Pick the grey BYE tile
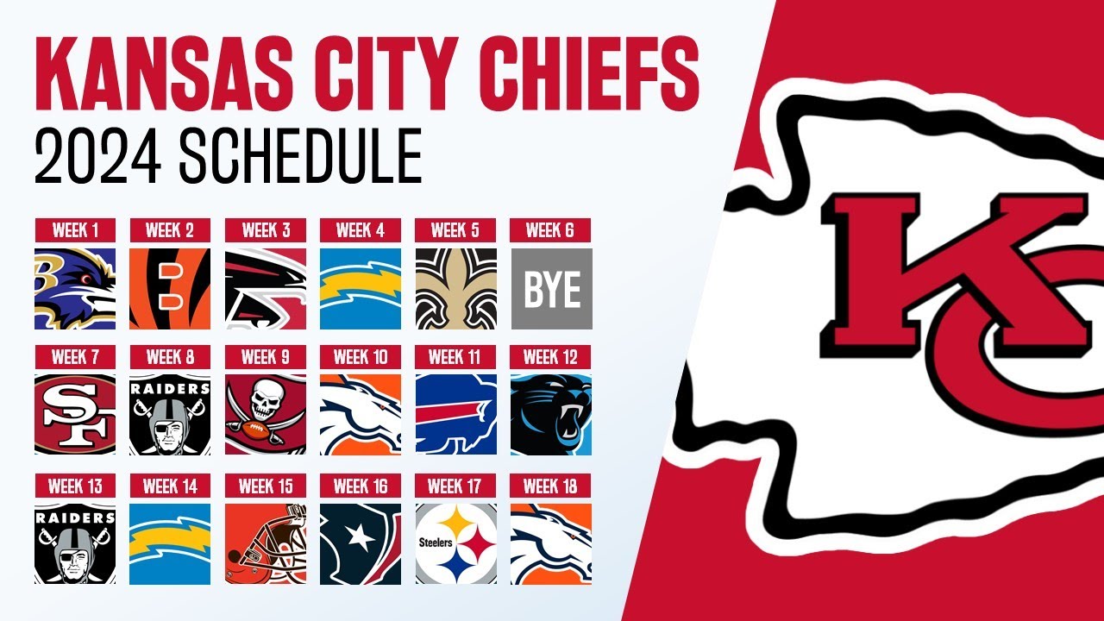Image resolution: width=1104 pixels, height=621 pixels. click(551, 289)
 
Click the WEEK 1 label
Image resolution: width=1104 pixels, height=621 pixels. click(75, 230)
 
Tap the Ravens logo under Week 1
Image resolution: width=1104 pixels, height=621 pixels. click(75, 289)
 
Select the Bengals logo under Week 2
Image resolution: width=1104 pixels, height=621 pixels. click(170, 289)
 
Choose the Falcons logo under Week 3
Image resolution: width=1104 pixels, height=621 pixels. click(266, 289)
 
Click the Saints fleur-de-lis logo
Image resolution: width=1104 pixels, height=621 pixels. click(455, 289)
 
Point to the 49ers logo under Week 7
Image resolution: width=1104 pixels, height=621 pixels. click(75, 415)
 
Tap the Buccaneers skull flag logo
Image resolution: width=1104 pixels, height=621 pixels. click(266, 415)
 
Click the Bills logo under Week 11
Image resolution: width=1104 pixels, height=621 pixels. click(455, 415)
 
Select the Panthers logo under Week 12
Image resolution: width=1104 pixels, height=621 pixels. click(551, 415)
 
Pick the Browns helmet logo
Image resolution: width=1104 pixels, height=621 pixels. click(266, 543)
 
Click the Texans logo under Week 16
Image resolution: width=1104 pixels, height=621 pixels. click(361, 543)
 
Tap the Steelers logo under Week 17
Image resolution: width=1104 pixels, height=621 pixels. click(455, 543)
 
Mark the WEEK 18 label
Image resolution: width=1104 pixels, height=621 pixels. click(551, 486)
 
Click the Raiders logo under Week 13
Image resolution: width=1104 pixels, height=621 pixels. click(75, 543)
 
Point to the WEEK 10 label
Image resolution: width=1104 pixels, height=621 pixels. click(361, 357)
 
